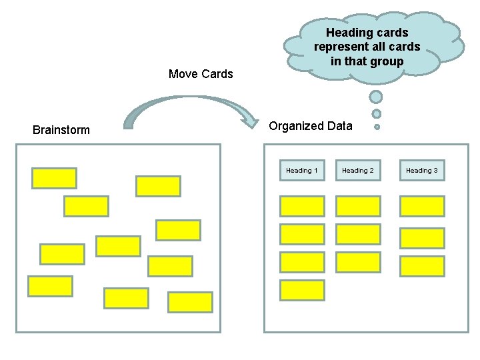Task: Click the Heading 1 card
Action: (301, 171)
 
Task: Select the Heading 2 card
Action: (358, 171)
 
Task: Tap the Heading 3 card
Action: (421, 171)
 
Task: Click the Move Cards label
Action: (201, 74)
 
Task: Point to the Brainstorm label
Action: (61, 130)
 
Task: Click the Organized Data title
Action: (311, 126)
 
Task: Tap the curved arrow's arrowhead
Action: (252, 121)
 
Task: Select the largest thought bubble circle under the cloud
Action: (376, 97)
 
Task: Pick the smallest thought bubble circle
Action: (377, 127)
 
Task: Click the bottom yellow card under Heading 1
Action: (302, 290)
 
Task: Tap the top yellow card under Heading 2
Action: (358, 206)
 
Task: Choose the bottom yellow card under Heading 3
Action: (421, 266)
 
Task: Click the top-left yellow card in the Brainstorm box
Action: (54, 178)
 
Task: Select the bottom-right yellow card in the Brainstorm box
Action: (190, 302)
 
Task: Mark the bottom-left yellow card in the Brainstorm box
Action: (50, 286)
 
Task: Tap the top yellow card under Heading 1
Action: (302, 206)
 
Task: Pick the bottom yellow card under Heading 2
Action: (358, 262)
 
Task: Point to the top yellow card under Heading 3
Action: (421, 206)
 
